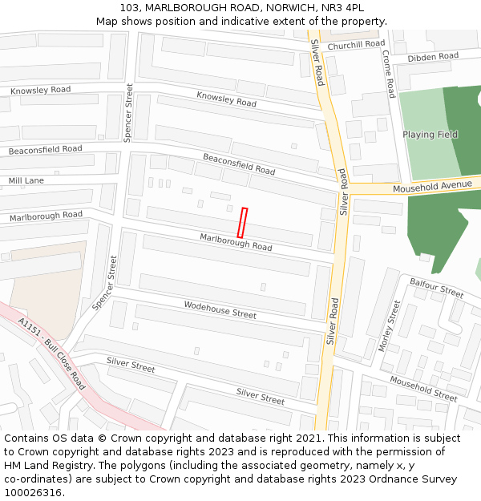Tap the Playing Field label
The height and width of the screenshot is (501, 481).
430,135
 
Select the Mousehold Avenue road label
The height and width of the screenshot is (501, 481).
432,186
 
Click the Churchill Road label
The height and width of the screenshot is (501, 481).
356,45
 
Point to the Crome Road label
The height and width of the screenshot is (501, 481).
388,74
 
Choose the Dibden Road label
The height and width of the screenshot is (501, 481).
432,57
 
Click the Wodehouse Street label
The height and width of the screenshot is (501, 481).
220,309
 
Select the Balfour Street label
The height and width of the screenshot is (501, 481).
436,287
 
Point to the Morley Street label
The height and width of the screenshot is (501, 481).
389,325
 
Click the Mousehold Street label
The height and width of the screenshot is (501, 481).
423,388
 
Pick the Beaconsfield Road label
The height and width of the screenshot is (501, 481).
238,164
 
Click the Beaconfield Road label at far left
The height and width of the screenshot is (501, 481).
45,150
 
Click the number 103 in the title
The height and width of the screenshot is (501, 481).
131,7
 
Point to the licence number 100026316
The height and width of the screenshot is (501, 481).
33,492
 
